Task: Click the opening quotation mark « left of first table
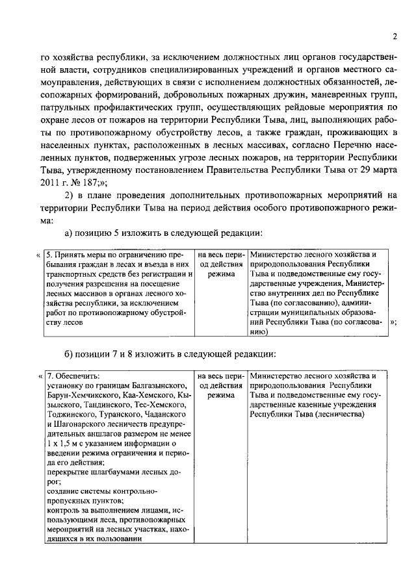tap(38, 255)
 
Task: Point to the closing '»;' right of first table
tap(393, 322)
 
